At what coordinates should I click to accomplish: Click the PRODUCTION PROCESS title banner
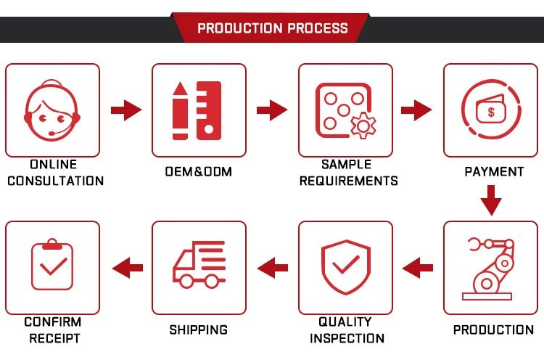point(272,29)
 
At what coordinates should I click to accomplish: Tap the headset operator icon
point(52,110)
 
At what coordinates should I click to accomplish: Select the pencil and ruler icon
point(197,110)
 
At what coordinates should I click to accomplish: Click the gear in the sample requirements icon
point(363,125)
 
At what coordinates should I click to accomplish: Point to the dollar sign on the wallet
point(492,112)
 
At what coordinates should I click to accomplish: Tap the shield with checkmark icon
point(345,266)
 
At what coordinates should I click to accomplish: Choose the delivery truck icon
point(198,266)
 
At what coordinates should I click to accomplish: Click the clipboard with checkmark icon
point(52,266)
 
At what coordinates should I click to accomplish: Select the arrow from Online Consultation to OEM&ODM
point(125,110)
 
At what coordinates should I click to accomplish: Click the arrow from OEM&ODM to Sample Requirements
point(272,110)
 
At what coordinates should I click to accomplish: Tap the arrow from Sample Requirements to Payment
point(417,110)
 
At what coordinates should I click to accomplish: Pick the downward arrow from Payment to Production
point(491,200)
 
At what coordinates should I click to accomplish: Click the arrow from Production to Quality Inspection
point(417,266)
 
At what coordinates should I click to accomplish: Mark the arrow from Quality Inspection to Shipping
point(273,266)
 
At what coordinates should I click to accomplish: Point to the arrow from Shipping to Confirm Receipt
point(127,266)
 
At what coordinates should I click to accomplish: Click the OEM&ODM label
point(198,172)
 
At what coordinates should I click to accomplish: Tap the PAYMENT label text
point(493,172)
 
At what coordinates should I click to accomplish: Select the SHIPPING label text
point(198,330)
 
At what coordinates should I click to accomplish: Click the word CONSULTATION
point(55,181)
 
